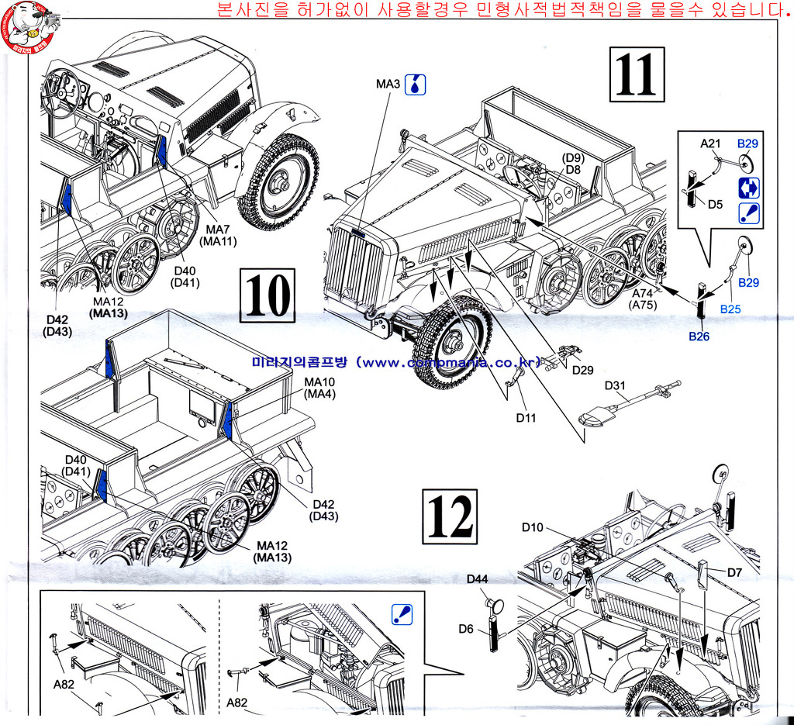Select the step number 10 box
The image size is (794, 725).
[269, 295]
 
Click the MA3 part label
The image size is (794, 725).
[388, 84]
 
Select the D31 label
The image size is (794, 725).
[614, 385]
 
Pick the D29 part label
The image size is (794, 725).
[583, 370]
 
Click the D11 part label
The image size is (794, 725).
[526, 418]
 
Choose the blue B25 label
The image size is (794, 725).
[730, 309]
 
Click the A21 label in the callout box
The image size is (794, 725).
[711, 143]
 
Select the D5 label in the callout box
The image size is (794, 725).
[716, 205]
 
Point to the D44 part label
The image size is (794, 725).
[477, 579]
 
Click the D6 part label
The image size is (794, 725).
[466, 629]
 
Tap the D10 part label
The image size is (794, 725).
[533, 527]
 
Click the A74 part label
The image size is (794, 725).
[643, 294]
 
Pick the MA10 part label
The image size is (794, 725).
[318, 382]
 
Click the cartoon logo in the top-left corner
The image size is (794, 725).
[29, 25]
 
